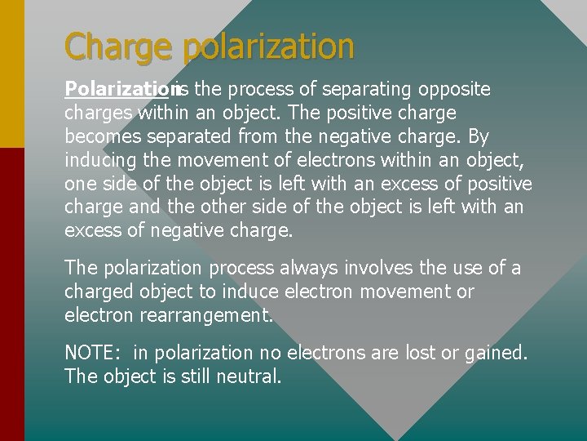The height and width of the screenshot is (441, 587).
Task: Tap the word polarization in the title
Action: (x=268, y=47)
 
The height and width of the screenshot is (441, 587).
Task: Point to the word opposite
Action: (x=455, y=89)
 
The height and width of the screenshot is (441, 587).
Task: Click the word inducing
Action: (x=99, y=160)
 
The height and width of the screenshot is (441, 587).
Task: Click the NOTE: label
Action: (x=93, y=353)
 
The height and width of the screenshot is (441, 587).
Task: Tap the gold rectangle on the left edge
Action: (x=12, y=73)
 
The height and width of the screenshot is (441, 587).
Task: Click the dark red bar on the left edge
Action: (x=12, y=294)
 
